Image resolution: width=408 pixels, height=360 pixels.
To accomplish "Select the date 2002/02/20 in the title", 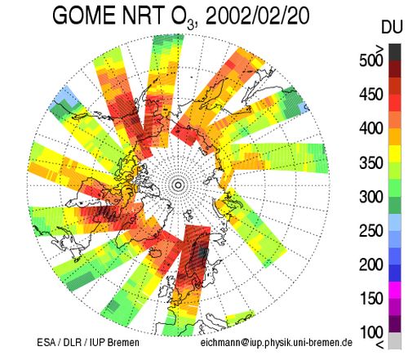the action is pos(257,16).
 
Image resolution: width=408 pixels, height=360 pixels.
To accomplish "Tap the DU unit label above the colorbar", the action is pos(392,28).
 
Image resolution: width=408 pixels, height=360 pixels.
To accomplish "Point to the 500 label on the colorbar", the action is pos(371,60).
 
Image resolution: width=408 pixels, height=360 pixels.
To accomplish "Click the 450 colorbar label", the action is pos(371,95).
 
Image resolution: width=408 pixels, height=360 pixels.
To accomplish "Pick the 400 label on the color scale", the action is pos(371,128).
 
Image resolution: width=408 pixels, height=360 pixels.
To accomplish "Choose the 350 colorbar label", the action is pos(371,162).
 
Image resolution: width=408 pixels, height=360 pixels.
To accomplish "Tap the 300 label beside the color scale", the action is pos(371,197).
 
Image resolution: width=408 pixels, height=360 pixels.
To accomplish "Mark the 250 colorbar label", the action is pos(371,231).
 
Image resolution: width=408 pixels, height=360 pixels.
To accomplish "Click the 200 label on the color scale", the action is pos(371,264).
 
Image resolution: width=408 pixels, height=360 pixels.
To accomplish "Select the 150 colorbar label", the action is pos(371,299).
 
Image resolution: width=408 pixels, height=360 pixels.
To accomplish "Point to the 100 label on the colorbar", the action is pos(371,332).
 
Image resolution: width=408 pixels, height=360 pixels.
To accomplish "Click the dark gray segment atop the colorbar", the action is pos(395,52).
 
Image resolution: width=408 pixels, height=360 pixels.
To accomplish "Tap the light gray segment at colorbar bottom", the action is pos(395,340).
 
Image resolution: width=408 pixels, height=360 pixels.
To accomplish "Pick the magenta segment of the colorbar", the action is pos(395,290).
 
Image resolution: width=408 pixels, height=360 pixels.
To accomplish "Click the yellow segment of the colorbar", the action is pos(395,154).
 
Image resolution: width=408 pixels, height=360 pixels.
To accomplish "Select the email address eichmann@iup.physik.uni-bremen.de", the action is pos(277,343).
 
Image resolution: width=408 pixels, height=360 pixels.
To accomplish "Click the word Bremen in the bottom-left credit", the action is pos(123,342).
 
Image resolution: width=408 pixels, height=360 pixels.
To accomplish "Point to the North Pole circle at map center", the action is pos(179,185).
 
